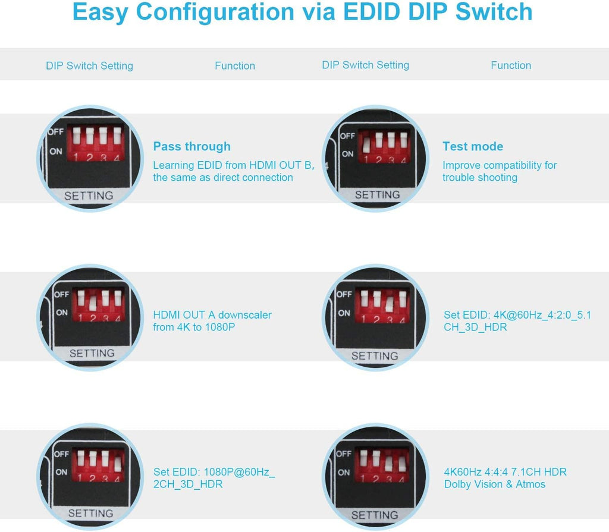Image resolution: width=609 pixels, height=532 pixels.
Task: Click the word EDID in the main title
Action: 372,12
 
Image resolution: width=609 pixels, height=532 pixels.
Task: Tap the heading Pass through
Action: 192,146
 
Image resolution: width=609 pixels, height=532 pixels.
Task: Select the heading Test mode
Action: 473,146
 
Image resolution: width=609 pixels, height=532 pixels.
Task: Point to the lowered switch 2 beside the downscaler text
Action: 93,303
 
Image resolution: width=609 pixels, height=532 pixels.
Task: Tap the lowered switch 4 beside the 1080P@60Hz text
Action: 118,464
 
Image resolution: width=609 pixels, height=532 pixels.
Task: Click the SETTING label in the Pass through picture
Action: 89,196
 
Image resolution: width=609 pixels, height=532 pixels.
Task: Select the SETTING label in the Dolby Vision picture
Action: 375,515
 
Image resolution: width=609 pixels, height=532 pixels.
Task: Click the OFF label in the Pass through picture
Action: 56,132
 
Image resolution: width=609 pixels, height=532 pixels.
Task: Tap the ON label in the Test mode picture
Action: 347,154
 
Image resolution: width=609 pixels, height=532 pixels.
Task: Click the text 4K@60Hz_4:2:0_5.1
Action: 542,315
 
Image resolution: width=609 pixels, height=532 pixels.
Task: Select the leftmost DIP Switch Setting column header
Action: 89,65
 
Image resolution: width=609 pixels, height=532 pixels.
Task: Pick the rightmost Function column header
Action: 511,65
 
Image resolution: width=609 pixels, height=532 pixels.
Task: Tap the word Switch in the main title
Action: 494,12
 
